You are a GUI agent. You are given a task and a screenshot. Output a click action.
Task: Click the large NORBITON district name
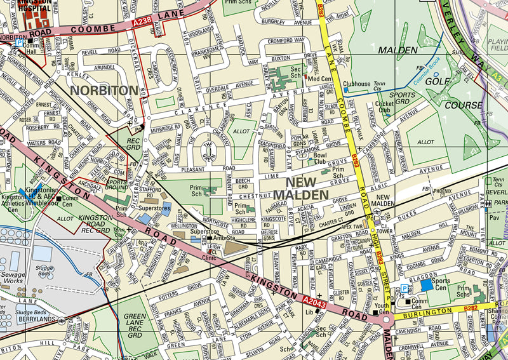[104, 91]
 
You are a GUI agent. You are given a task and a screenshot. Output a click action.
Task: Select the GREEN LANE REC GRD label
[135, 325]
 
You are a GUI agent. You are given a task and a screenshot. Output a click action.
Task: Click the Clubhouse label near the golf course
[356, 83]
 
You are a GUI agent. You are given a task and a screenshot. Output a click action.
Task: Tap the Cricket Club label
[384, 106]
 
